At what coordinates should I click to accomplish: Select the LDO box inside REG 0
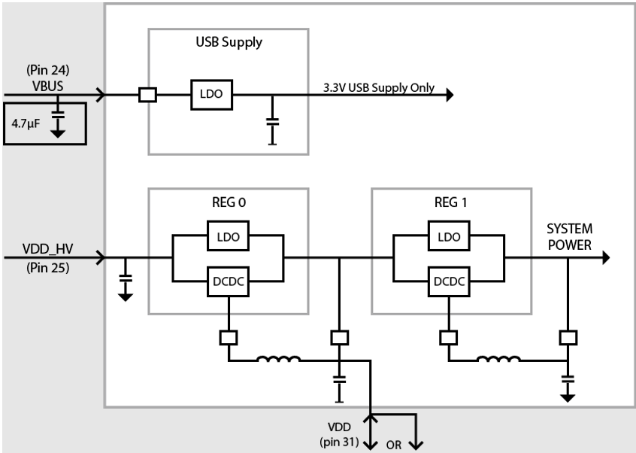click(226, 236)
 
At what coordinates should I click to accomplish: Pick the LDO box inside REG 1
click(449, 236)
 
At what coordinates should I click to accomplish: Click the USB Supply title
click(228, 42)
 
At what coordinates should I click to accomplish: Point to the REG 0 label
click(228, 202)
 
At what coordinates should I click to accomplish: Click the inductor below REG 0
click(279, 360)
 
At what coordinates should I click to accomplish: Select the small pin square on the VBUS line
click(147, 96)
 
